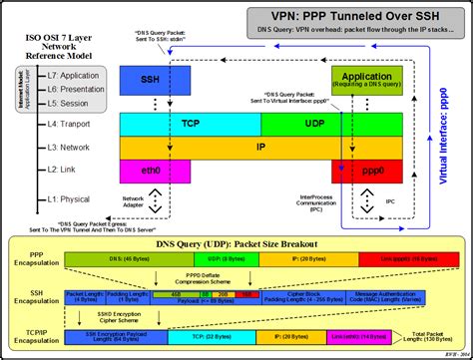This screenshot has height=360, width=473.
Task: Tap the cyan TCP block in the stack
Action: point(191,124)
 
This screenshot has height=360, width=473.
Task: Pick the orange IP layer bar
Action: point(261,147)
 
